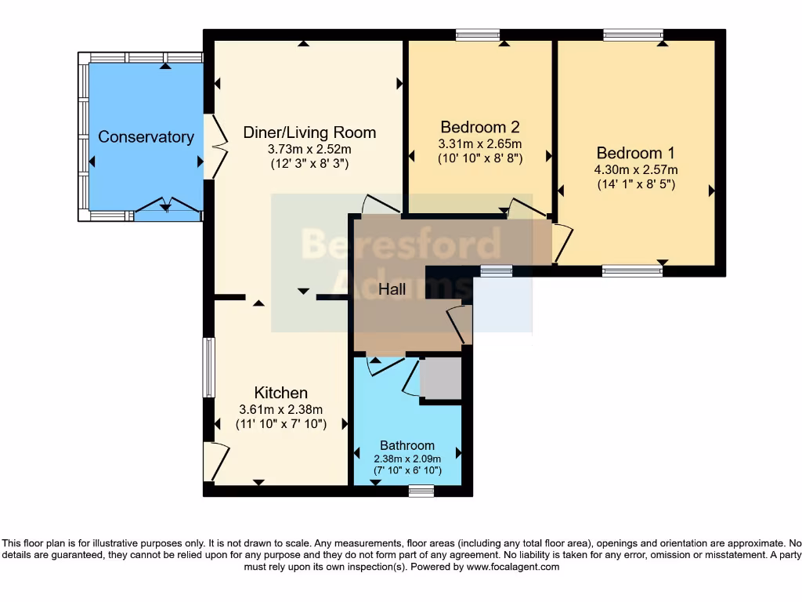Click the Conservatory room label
click(146, 136)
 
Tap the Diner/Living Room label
click(309, 132)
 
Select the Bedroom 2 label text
click(480, 127)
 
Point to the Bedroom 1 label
click(636, 153)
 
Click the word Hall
click(392, 289)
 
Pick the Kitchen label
click(281, 393)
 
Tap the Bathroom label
click(407, 445)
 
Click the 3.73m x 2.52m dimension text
click(309, 149)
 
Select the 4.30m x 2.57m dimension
click(636, 169)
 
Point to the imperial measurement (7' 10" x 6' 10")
click(407, 470)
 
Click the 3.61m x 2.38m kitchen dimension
click(281, 409)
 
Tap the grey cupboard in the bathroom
click(441, 378)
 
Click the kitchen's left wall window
click(208, 367)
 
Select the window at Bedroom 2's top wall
click(478, 34)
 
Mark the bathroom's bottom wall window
click(421, 491)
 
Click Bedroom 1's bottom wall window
click(632, 271)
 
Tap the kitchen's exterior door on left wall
click(216, 462)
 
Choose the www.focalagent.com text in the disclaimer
click(512, 567)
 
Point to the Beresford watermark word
click(402, 244)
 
